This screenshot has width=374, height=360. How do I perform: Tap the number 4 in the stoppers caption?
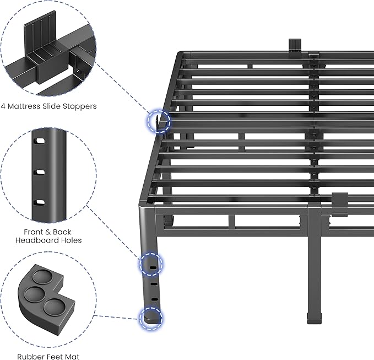[4, 105]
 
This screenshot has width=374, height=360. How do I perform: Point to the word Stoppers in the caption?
[79, 105]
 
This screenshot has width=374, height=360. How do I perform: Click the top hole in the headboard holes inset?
[40, 143]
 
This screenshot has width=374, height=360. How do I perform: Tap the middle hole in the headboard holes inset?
[40, 173]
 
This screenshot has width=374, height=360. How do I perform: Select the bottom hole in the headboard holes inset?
[40, 202]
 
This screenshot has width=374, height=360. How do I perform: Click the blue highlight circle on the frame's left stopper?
[159, 120]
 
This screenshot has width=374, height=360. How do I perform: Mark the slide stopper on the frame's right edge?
[340, 201]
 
